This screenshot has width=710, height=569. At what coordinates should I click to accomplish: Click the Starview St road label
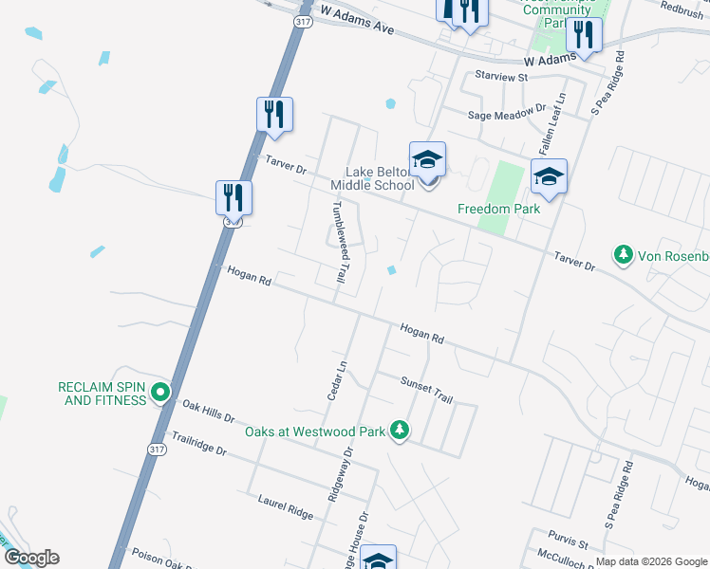500,75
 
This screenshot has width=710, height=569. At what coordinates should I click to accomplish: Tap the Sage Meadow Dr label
508,114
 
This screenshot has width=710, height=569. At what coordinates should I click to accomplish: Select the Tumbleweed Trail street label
338,244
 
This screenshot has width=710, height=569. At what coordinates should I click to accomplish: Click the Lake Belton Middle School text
379,178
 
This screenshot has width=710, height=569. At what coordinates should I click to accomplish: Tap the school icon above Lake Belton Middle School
427,159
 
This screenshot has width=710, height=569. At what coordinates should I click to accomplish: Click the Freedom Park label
498,209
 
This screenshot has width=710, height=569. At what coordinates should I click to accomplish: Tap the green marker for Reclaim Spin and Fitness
160,391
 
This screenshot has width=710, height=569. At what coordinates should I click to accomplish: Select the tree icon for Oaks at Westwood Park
401,431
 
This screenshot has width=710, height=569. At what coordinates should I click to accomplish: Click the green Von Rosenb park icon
624,255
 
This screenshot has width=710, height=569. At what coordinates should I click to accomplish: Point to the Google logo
31,558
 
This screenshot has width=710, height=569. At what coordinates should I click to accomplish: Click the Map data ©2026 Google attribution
651,561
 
